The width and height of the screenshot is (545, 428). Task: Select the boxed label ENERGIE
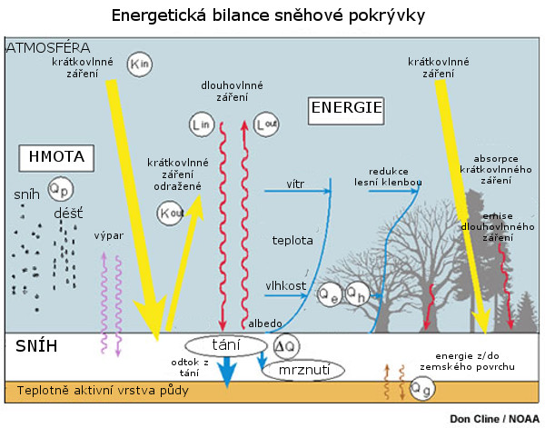pos(346,108)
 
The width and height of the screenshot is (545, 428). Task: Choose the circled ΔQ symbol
pos(285,345)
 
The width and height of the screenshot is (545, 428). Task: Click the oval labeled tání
pos(224,345)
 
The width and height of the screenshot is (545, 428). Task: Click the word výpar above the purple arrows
pos(108,235)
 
